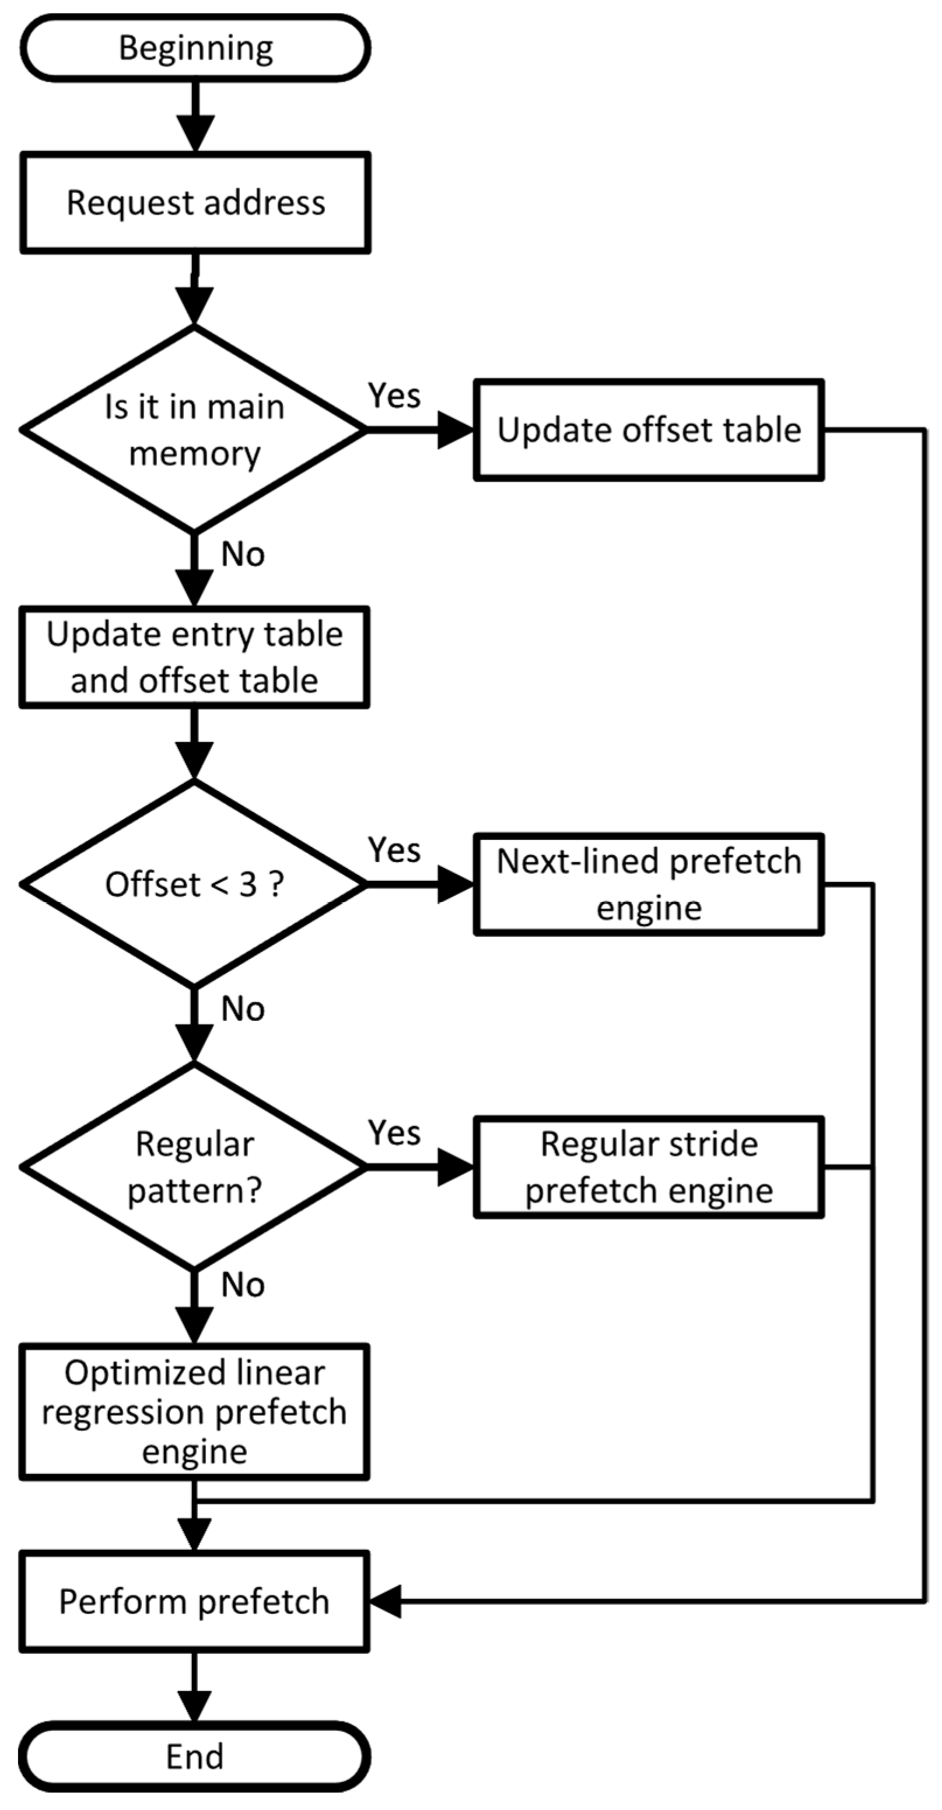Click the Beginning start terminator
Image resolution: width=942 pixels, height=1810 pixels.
[x=195, y=48]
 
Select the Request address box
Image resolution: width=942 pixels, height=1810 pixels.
[x=195, y=202]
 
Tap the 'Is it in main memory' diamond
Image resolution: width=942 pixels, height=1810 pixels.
[x=194, y=429]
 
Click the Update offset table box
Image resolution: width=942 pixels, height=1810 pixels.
[x=649, y=429]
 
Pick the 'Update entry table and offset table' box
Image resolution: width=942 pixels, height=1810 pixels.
[x=194, y=657]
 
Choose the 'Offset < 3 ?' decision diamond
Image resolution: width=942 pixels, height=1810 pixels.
[x=194, y=884]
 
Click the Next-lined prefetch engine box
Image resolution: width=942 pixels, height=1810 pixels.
[x=649, y=884]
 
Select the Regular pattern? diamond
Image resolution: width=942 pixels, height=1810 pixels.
[x=194, y=1167]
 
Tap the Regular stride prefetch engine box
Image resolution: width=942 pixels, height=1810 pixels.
[x=649, y=1167]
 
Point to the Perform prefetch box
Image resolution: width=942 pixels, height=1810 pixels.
[x=194, y=1601]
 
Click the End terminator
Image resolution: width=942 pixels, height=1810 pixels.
[x=194, y=1756]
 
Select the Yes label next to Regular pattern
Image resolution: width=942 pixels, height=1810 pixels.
[x=394, y=1133]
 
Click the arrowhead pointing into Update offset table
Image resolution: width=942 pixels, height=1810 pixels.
[x=455, y=429]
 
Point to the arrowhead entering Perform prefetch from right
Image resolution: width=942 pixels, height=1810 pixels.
[x=385, y=1601]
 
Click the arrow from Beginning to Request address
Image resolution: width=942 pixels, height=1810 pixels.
[x=195, y=116]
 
